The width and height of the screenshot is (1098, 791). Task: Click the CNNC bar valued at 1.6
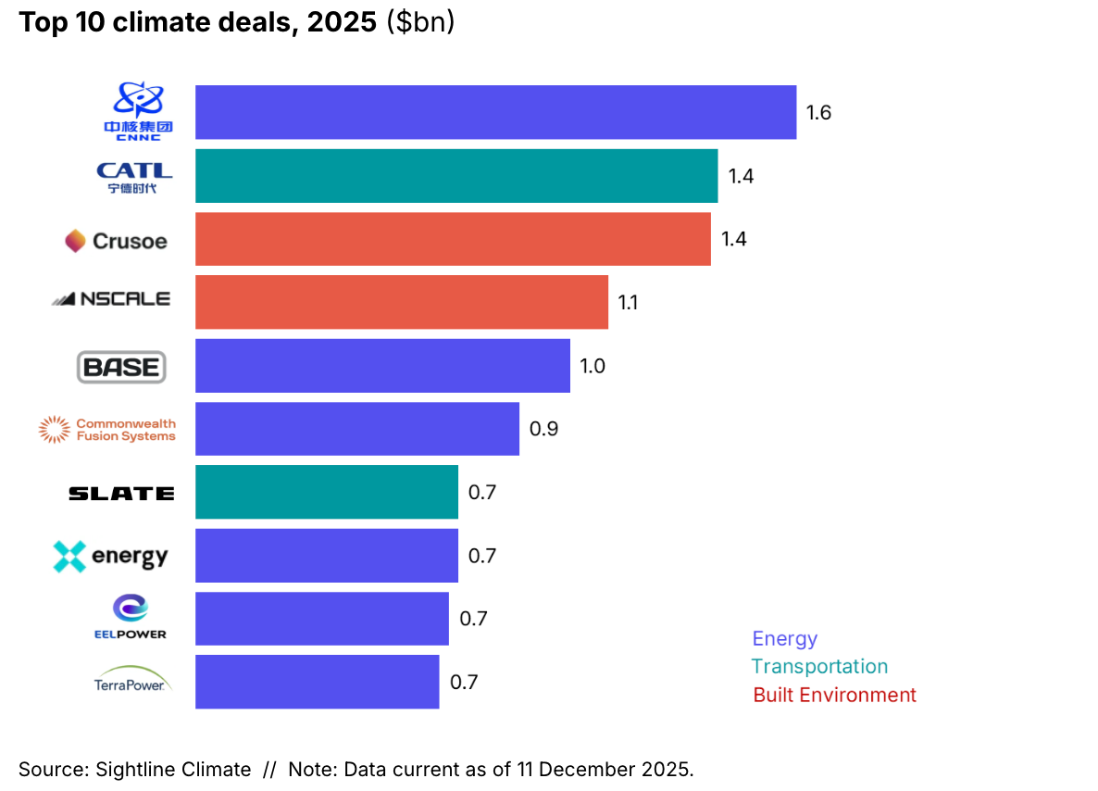[495, 113]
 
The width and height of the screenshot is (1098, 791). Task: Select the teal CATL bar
[455, 176]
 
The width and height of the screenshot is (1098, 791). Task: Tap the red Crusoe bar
[453, 239]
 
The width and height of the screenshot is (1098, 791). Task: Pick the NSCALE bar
[401, 302]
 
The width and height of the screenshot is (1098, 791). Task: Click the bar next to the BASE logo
[382, 366]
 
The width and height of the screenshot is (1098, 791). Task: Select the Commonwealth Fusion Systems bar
[356, 429]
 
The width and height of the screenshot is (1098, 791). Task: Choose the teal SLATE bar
[326, 492]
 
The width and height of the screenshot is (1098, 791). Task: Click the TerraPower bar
[317, 682]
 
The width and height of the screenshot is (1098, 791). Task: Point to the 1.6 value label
[818, 113]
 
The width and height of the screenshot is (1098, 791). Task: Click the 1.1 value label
[628, 302]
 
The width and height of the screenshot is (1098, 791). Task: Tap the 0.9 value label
[543, 429]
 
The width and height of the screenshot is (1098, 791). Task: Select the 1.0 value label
[593, 366]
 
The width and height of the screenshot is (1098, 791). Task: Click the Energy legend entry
[784, 638]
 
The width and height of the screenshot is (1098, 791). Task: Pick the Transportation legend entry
[819, 666]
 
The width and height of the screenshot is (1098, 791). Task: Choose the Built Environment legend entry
[834, 695]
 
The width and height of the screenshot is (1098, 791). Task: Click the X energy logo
[111, 556]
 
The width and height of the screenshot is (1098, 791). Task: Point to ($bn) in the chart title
[420, 22]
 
